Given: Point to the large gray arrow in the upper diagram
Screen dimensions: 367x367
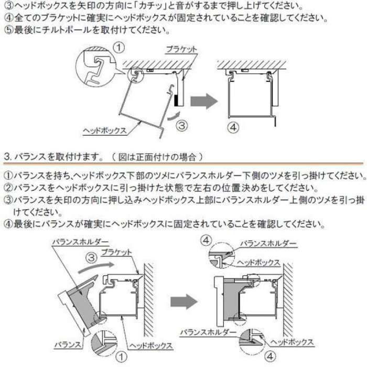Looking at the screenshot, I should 203,101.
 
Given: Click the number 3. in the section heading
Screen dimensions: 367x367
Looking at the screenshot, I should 7,156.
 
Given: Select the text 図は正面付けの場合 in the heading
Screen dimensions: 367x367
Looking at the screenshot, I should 157,156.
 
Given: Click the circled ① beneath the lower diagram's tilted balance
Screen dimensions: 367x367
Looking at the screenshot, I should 122,357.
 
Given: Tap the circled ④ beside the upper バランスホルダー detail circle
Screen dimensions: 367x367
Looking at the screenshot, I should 207,240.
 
